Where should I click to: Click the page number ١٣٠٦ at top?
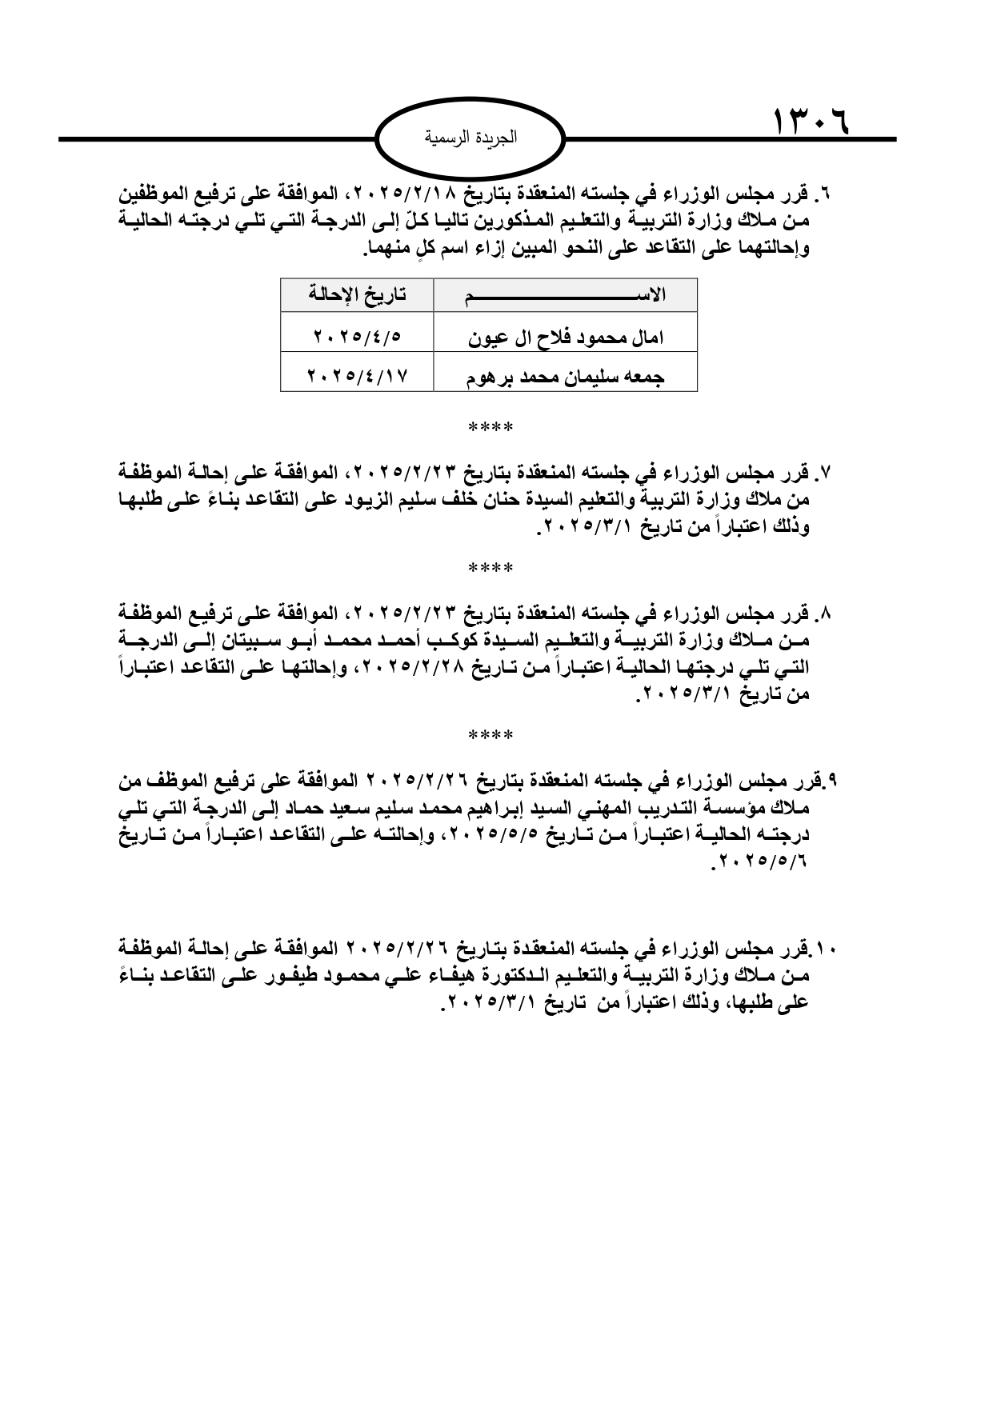[x=810, y=124]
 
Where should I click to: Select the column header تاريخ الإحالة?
[x=357, y=294]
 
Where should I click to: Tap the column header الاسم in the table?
[x=565, y=295]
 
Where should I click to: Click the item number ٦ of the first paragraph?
[x=827, y=194]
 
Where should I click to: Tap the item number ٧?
[x=827, y=473]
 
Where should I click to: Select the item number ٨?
[x=827, y=615]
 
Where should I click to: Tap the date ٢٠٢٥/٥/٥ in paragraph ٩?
[x=499, y=835]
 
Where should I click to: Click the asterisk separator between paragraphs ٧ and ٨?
[x=490, y=569]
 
